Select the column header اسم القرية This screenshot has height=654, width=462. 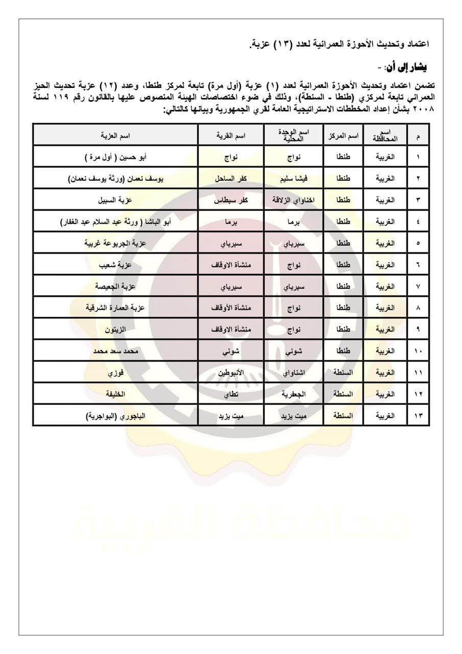click(x=230, y=135)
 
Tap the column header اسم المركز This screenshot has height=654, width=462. click(x=343, y=135)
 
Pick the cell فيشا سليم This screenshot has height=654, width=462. click(x=293, y=178)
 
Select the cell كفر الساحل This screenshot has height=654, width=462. click(x=230, y=178)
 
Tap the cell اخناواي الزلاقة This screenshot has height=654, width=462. click(x=293, y=200)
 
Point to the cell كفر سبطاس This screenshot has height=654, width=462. click(x=230, y=200)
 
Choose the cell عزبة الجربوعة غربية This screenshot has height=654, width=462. click(x=115, y=243)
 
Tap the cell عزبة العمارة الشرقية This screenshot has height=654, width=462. click(x=115, y=308)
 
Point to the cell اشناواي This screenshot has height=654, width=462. click(x=293, y=373)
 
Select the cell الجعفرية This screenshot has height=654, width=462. click(x=293, y=394)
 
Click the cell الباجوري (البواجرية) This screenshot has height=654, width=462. click(x=115, y=416)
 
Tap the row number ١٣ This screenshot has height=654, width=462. click(x=419, y=416)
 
